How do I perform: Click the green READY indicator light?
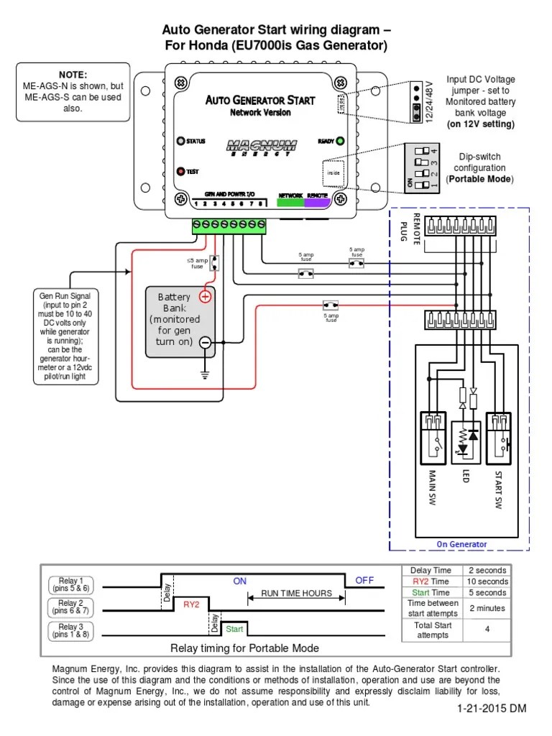[x=340, y=141]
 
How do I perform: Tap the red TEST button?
[x=182, y=171]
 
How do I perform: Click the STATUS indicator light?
[x=181, y=141]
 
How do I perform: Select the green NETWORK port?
[x=290, y=203]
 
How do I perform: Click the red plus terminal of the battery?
[x=205, y=295]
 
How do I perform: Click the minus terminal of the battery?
[x=205, y=343]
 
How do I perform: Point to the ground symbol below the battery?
[x=205, y=374]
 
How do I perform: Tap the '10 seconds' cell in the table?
[x=487, y=581]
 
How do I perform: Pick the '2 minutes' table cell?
[x=487, y=608]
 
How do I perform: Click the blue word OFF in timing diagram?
[x=364, y=580]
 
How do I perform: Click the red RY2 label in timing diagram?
[x=190, y=604]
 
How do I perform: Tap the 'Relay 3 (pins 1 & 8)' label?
[x=71, y=630]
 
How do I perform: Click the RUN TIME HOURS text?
[x=296, y=594]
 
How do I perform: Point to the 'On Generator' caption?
[x=461, y=544]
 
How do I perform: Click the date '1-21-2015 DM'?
[x=491, y=708]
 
